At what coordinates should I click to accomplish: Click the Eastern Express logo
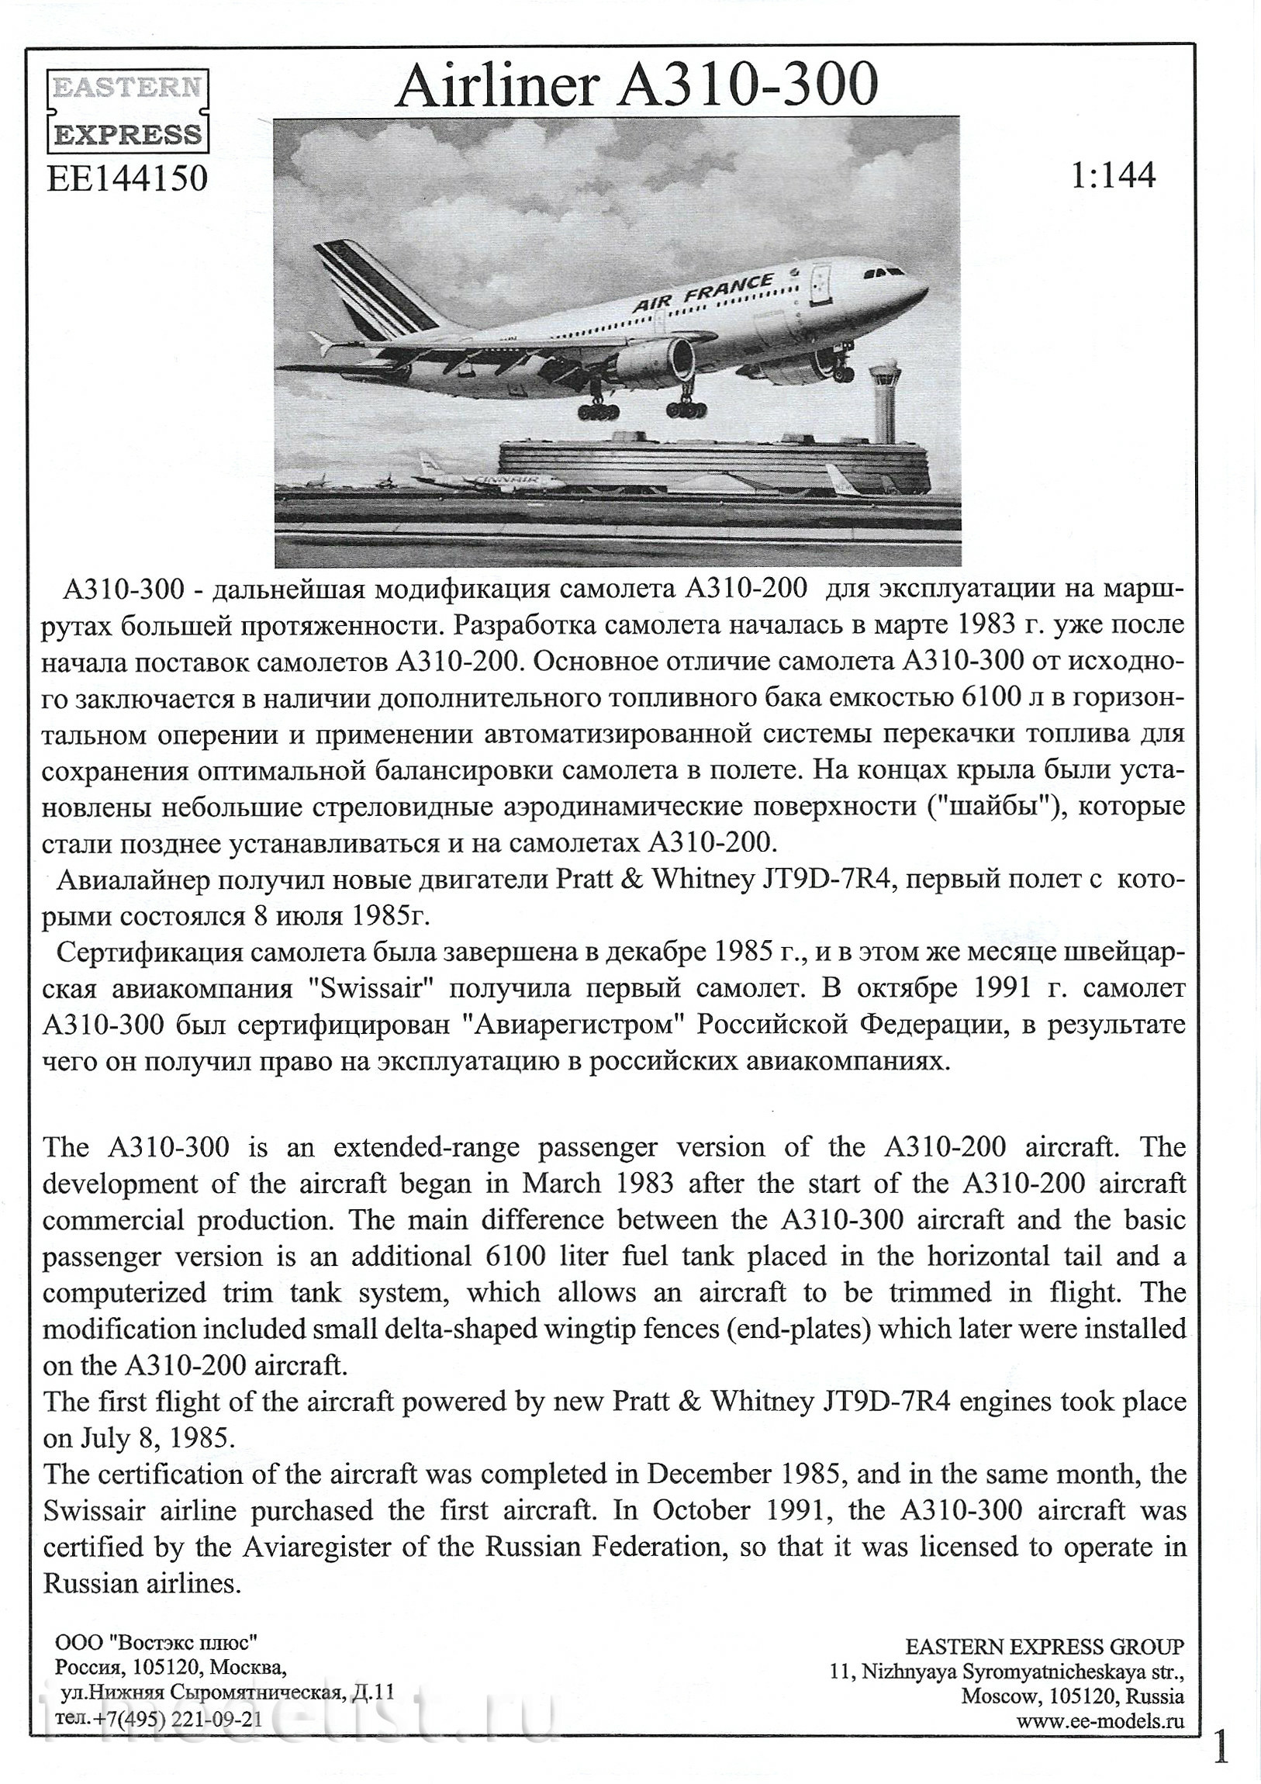(128, 110)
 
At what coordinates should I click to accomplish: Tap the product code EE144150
(127, 178)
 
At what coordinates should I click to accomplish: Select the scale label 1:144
(1113, 175)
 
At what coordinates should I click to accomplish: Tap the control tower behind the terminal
(886, 396)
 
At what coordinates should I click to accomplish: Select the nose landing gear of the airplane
(841, 370)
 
